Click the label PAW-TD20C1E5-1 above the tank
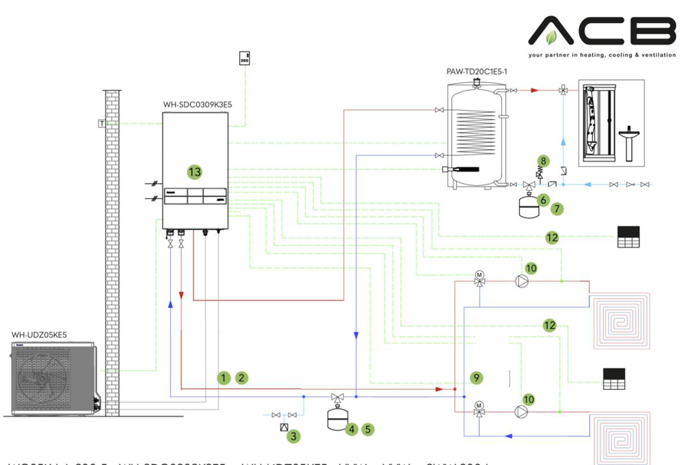pos(477,71)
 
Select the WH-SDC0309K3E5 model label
pos(198,105)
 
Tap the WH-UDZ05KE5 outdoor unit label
pos(39,335)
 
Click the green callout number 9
pos(477,377)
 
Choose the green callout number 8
pos(544,161)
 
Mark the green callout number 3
pos(292,436)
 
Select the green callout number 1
pos(223,377)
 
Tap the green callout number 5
pos(368,430)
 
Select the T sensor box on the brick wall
pos(101,123)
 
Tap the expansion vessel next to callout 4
pos(336,420)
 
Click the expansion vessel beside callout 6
pos(527,204)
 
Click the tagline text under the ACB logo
pos(602,55)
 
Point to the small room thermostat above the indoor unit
pos(245,58)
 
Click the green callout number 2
pos(241,377)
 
